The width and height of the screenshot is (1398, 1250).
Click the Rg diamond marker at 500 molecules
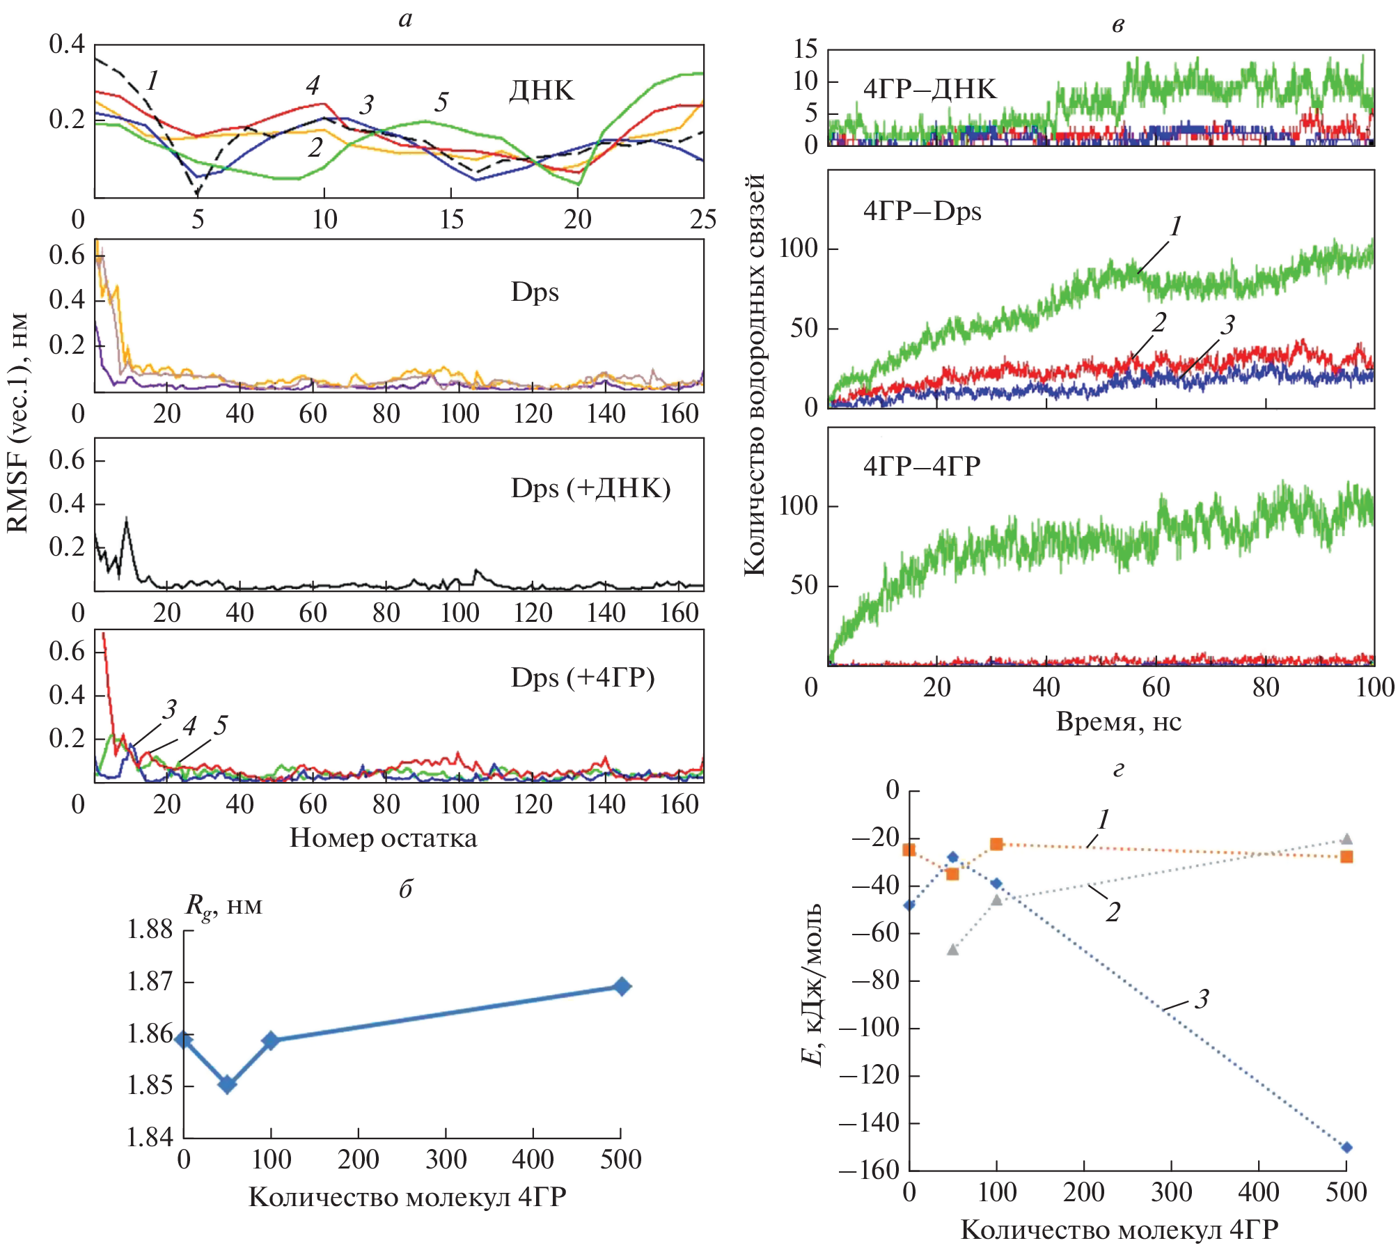click(x=622, y=986)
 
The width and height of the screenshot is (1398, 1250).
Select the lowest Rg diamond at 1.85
click(x=227, y=1084)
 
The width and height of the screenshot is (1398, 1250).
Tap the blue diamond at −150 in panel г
click(x=1346, y=1147)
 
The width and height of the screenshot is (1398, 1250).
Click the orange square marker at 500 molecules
click(x=1346, y=857)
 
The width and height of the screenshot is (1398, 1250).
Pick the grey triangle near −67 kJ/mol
click(x=952, y=949)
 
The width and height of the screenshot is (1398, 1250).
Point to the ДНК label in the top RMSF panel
click(x=542, y=91)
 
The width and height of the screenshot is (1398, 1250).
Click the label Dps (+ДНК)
click(x=590, y=488)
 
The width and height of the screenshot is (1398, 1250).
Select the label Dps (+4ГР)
click(x=583, y=678)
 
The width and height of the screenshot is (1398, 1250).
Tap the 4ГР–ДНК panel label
click(x=929, y=89)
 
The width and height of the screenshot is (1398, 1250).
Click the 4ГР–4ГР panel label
click(x=922, y=466)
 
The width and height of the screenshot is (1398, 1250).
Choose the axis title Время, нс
click(x=1118, y=721)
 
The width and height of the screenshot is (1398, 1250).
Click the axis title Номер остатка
click(x=383, y=838)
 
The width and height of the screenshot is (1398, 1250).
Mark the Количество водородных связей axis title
click(x=755, y=375)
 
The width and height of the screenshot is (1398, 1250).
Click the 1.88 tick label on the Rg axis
click(x=150, y=929)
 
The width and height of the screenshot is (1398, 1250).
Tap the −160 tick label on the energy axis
click(x=869, y=1171)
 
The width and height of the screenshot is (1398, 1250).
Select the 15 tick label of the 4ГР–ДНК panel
click(x=806, y=49)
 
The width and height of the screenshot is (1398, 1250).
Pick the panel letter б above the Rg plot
click(x=406, y=889)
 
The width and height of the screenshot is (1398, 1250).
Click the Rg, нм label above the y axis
click(x=223, y=906)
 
